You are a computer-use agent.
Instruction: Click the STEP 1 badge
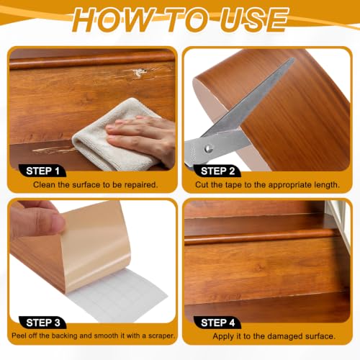coord(42,171)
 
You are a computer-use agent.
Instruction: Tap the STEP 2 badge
coord(217,171)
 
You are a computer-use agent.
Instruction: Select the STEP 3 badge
coord(42,323)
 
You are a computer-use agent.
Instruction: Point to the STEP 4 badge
coord(217,323)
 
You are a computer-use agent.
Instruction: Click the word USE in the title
coord(254,19)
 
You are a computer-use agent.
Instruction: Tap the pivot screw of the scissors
coord(208,148)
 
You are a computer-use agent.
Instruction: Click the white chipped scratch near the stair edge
coord(139,72)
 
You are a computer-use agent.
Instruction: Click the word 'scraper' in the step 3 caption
coord(161,336)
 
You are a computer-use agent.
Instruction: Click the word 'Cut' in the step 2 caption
coord(202,184)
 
